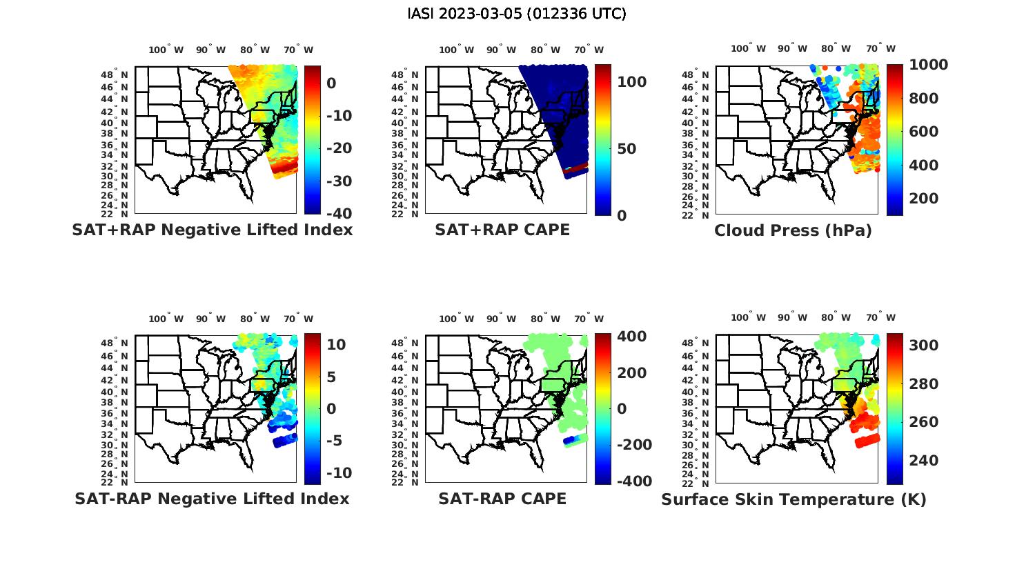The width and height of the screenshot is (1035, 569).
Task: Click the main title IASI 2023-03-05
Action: [x=517, y=14]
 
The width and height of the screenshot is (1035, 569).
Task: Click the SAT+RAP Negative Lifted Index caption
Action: [x=212, y=230]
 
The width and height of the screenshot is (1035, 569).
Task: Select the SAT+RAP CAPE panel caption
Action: [x=502, y=230]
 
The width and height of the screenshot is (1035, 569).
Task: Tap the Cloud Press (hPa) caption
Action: [x=793, y=231]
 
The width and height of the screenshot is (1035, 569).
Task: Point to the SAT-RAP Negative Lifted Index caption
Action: [x=212, y=499]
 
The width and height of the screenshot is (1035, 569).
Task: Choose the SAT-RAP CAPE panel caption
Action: [x=502, y=499]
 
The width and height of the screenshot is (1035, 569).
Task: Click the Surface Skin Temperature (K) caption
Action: [x=793, y=499]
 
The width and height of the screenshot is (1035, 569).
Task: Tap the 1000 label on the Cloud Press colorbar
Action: [x=928, y=65]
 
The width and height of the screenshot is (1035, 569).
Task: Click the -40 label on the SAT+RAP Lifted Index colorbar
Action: [x=339, y=214]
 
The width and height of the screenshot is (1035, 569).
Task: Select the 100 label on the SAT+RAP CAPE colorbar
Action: [x=631, y=82]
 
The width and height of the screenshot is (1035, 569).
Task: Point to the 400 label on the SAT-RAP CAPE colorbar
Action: [x=631, y=337]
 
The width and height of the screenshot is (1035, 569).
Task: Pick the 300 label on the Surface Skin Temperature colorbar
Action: [x=924, y=346]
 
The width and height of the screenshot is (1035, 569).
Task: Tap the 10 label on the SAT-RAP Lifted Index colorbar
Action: [x=336, y=344]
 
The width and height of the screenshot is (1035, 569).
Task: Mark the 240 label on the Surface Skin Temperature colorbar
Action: [x=924, y=461]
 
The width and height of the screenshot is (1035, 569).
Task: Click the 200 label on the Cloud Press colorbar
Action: [x=924, y=199]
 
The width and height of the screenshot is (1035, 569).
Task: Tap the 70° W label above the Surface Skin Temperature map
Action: [x=880, y=318]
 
